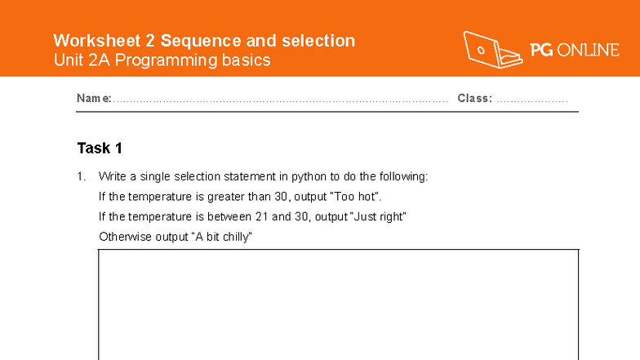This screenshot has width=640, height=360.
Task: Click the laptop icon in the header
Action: pyautogui.click(x=492, y=50)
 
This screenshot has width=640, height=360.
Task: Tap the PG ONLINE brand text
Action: pyautogui.click(x=575, y=51)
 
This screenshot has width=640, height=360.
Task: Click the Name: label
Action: pyautogui.click(x=94, y=99)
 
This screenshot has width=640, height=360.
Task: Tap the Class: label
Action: pyautogui.click(x=474, y=99)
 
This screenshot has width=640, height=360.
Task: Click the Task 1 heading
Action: pyautogui.click(x=100, y=148)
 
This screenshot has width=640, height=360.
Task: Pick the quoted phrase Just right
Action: pyautogui.click(x=378, y=217)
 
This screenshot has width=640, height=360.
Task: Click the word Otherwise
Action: pyautogui.click(x=122, y=238)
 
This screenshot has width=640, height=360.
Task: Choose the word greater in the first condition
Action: pyautogui.click(x=224, y=197)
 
